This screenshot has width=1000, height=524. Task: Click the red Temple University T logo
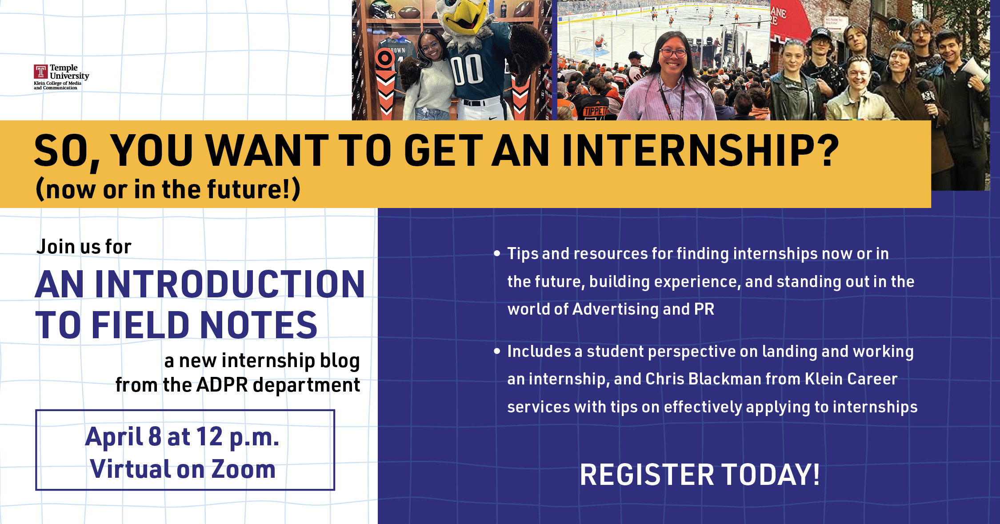(x=40, y=72)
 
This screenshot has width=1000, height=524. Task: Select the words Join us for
(x=84, y=247)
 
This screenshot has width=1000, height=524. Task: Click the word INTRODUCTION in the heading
(x=229, y=284)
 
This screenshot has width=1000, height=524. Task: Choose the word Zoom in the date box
(x=243, y=469)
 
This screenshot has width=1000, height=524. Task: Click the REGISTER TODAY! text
(x=700, y=475)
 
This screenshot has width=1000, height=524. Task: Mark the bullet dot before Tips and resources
(x=497, y=253)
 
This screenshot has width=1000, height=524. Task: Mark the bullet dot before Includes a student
(x=497, y=351)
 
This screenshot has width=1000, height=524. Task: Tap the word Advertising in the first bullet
(x=616, y=309)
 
